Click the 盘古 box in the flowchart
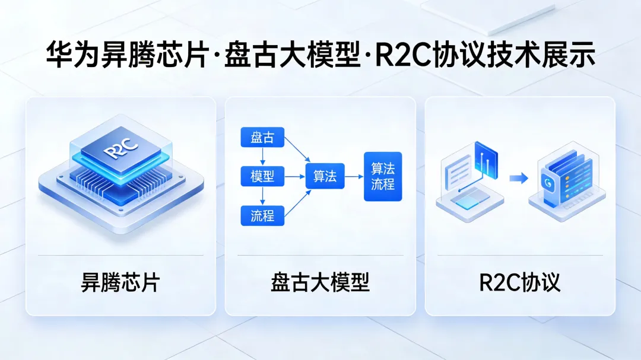click(262, 138)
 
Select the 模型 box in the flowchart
click(262, 176)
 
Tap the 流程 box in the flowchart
click(262, 215)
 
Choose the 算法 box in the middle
click(325, 176)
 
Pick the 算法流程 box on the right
click(383, 176)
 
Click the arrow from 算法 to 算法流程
click(354, 176)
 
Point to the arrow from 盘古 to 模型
click(262, 157)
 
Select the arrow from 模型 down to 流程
click(262, 196)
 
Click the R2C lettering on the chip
click(120, 149)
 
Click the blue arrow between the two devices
click(519, 178)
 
